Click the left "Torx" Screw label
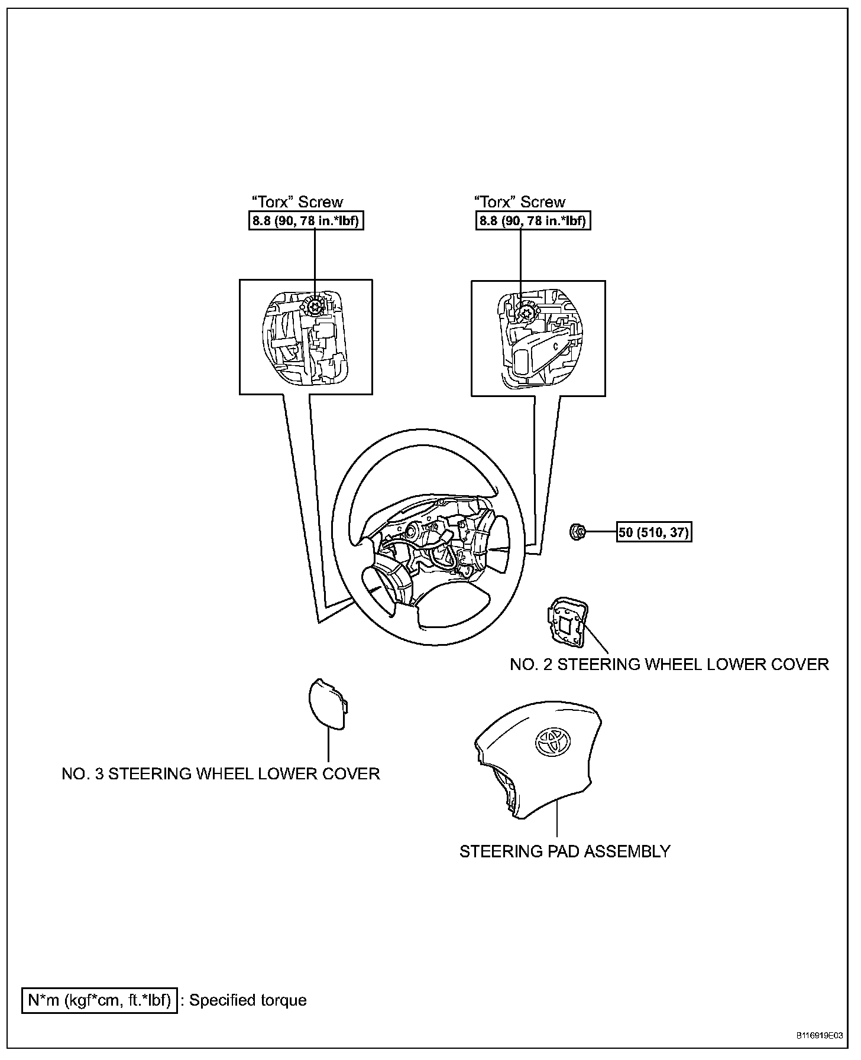(x=297, y=202)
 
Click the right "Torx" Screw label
(x=520, y=202)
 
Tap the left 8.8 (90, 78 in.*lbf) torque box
(x=305, y=221)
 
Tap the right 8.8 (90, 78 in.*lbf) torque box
(x=533, y=221)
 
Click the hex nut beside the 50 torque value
(x=577, y=532)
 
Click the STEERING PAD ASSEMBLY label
(x=565, y=851)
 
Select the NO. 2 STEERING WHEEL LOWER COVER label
(x=669, y=664)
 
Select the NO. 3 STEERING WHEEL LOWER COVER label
(x=221, y=773)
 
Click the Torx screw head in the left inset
(x=314, y=306)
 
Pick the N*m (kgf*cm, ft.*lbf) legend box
(x=99, y=1000)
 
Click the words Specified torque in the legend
(x=248, y=1000)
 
